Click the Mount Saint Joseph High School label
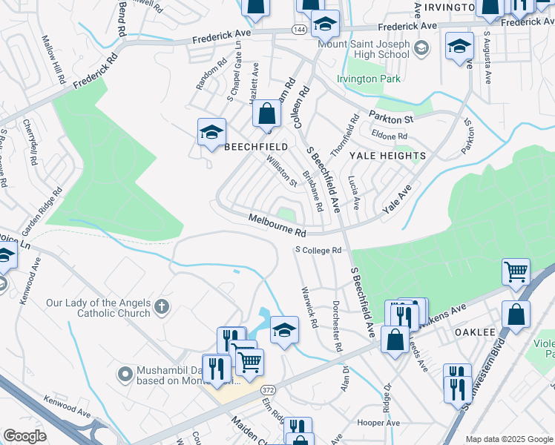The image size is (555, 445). point(364,48)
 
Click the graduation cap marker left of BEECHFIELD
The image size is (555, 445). point(211,133)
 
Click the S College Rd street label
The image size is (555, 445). point(318,250)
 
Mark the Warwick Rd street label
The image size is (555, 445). point(309,309)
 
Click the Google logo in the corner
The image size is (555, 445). point(25,436)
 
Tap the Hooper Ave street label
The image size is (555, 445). point(378,423)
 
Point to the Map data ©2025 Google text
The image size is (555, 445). point(508,439)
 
